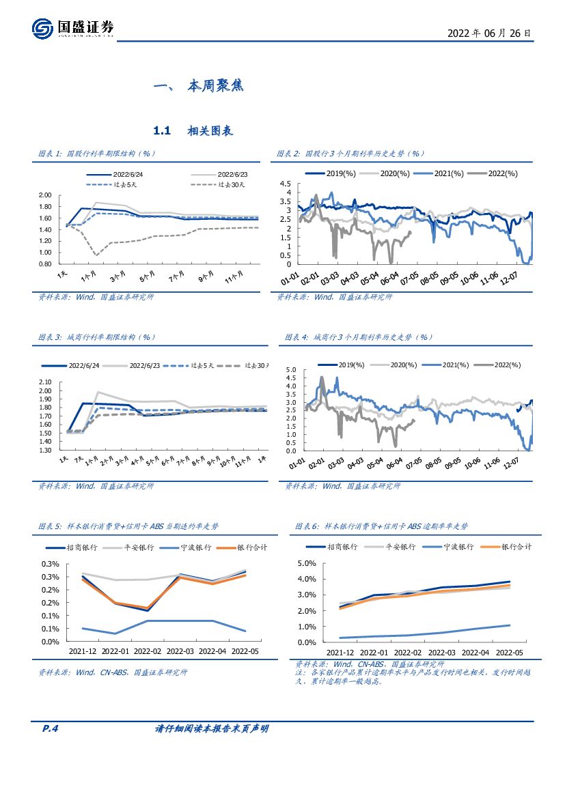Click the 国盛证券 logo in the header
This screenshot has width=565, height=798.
tap(73, 28)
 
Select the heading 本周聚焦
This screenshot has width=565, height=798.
tap(215, 87)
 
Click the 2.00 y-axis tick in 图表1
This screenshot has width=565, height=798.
tap(45, 196)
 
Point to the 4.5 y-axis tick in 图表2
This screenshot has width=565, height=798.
tap(286, 184)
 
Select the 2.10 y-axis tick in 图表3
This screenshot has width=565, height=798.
tap(46, 382)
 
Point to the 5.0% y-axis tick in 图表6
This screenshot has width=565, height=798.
tap(306, 564)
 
